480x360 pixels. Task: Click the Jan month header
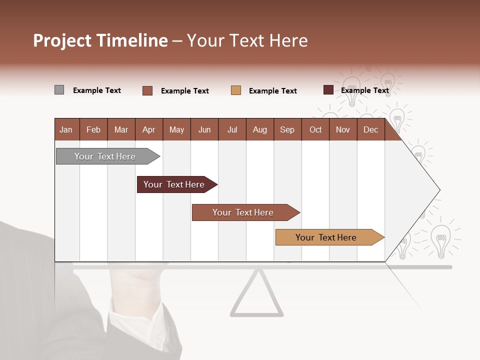66,129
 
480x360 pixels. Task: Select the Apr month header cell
149,129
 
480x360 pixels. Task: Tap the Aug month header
259,129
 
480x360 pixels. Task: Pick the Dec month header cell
370,129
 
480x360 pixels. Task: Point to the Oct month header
315,129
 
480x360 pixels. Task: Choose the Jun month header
204,129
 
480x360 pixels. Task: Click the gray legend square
59,90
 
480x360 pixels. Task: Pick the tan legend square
236,90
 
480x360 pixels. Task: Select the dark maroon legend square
328,90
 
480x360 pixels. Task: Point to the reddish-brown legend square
147,90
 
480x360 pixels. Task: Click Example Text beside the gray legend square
97,90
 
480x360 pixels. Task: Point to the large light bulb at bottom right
440,240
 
